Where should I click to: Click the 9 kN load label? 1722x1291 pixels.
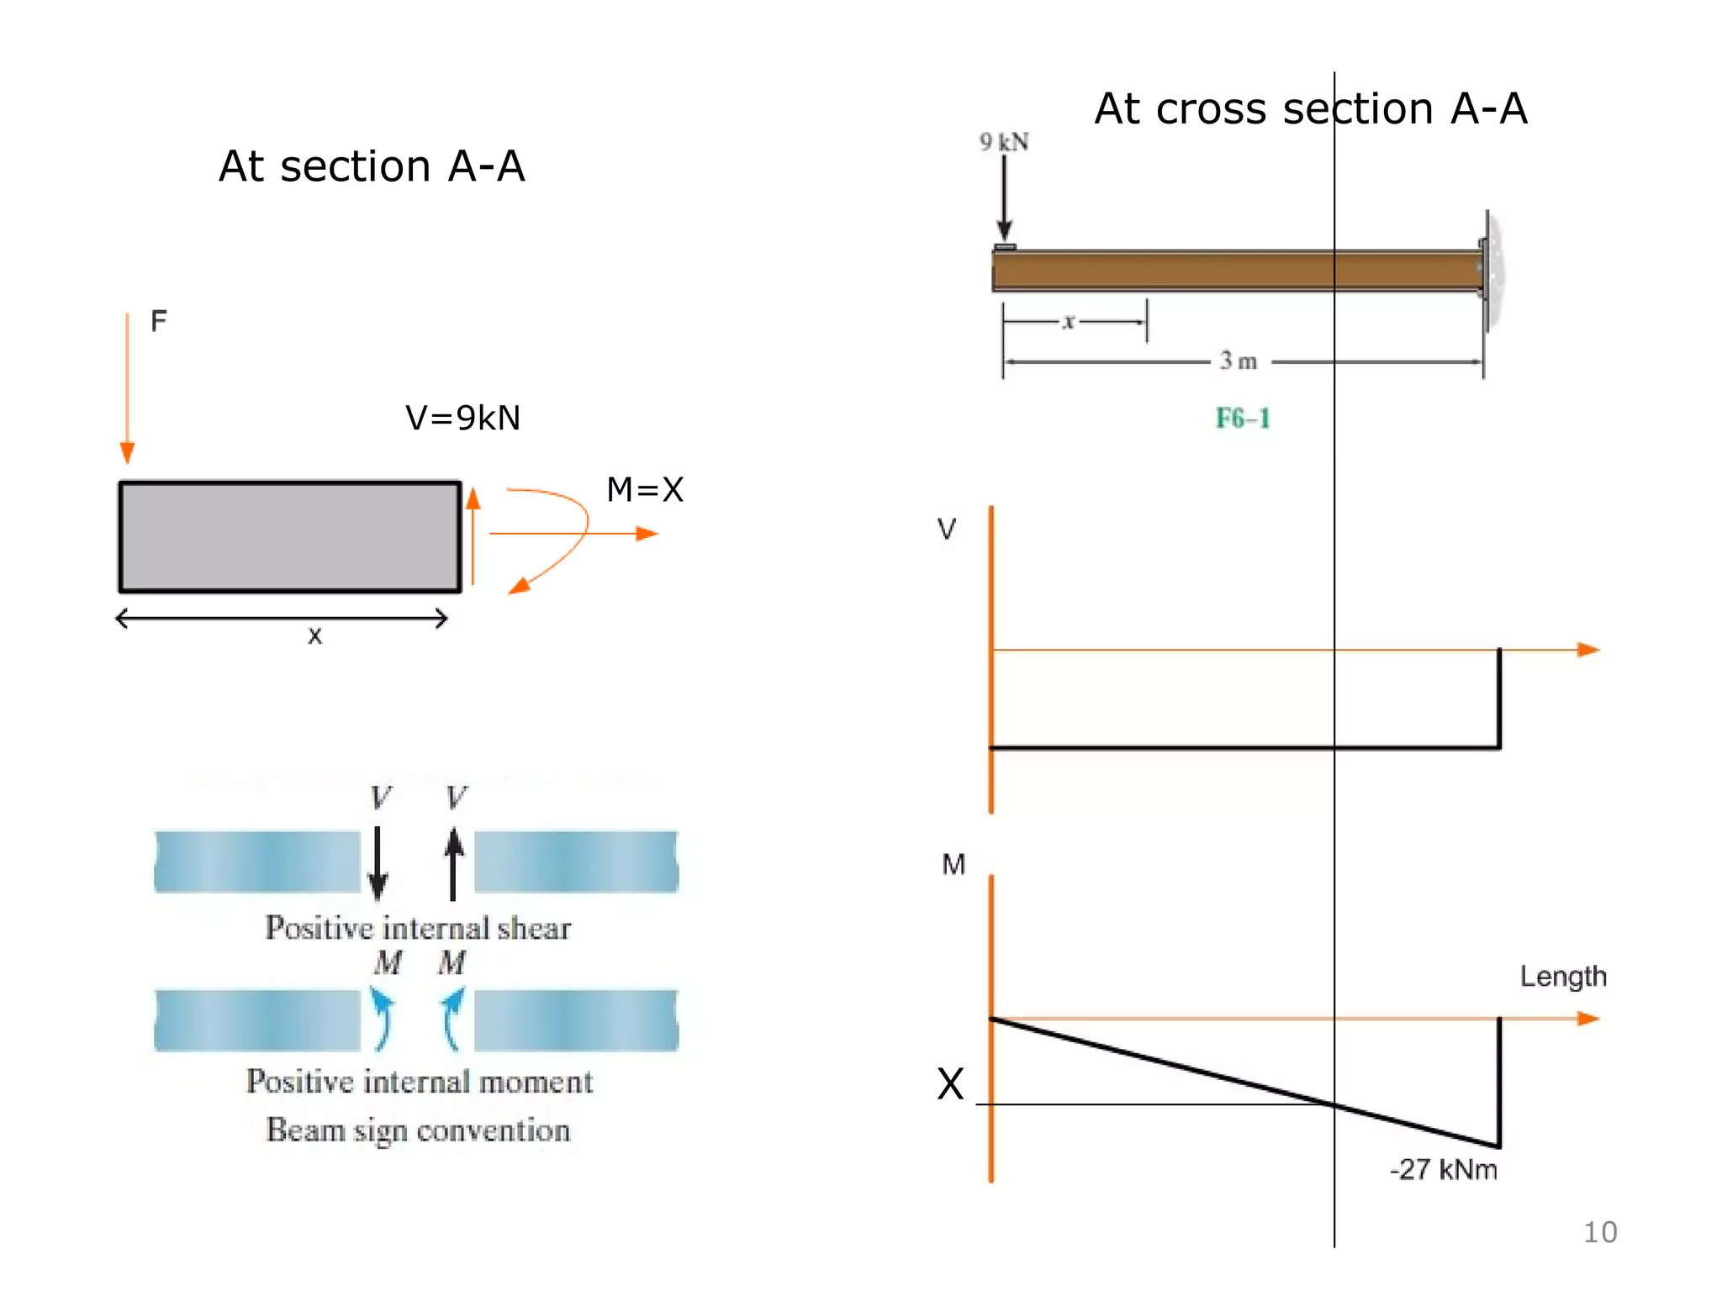[1004, 142]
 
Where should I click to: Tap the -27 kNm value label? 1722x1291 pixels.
[1443, 1169]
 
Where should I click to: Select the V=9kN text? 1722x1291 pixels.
[462, 418]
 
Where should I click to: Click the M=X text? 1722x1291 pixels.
[645, 489]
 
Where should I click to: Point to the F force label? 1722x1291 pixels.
[158, 321]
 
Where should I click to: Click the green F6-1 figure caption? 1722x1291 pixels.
[1243, 418]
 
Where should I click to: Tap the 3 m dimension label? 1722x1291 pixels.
[1239, 361]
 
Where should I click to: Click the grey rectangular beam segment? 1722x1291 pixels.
[290, 537]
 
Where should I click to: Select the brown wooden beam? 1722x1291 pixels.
[1236, 271]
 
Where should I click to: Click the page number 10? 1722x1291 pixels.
[1599, 1232]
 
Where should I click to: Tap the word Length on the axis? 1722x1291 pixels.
[1562, 977]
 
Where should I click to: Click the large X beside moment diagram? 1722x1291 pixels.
[950, 1084]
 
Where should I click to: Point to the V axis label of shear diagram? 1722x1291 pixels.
[946, 530]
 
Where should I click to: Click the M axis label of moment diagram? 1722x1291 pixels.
[953, 864]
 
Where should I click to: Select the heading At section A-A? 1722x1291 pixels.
[372, 166]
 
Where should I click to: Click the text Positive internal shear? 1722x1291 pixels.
[418, 928]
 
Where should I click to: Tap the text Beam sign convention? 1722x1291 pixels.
[418, 1130]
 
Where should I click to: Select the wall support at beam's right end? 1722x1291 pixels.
[1492, 271]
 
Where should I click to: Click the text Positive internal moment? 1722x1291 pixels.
[419, 1082]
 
